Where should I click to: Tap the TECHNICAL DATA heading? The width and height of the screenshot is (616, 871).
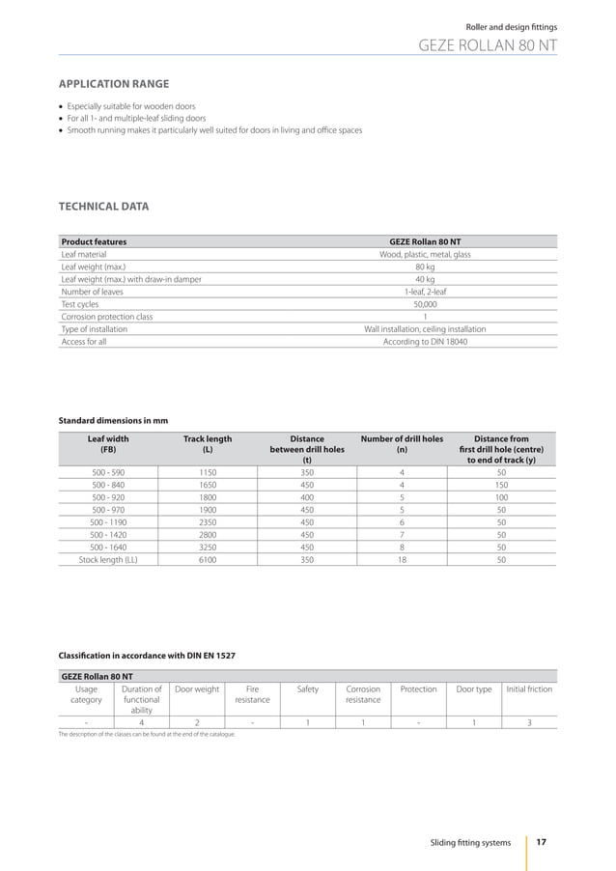[x=104, y=206]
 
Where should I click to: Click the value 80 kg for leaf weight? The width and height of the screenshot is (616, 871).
[x=425, y=267]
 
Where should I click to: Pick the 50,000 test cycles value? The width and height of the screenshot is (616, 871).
[x=425, y=304]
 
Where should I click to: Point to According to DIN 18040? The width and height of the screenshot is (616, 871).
[x=425, y=342]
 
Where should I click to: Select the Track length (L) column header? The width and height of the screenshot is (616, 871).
[x=208, y=443]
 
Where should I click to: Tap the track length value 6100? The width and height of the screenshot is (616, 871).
[x=208, y=559]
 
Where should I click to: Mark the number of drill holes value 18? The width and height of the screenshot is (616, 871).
[x=402, y=559]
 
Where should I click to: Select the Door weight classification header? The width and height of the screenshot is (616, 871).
[x=197, y=689]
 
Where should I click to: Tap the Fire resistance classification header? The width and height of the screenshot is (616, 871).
[x=253, y=694]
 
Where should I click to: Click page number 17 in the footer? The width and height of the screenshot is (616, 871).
[x=541, y=843]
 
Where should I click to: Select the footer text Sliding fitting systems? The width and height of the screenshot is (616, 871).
[x=470, y=844]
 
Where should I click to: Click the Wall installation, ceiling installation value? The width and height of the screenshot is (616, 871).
[x=425, y=329]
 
